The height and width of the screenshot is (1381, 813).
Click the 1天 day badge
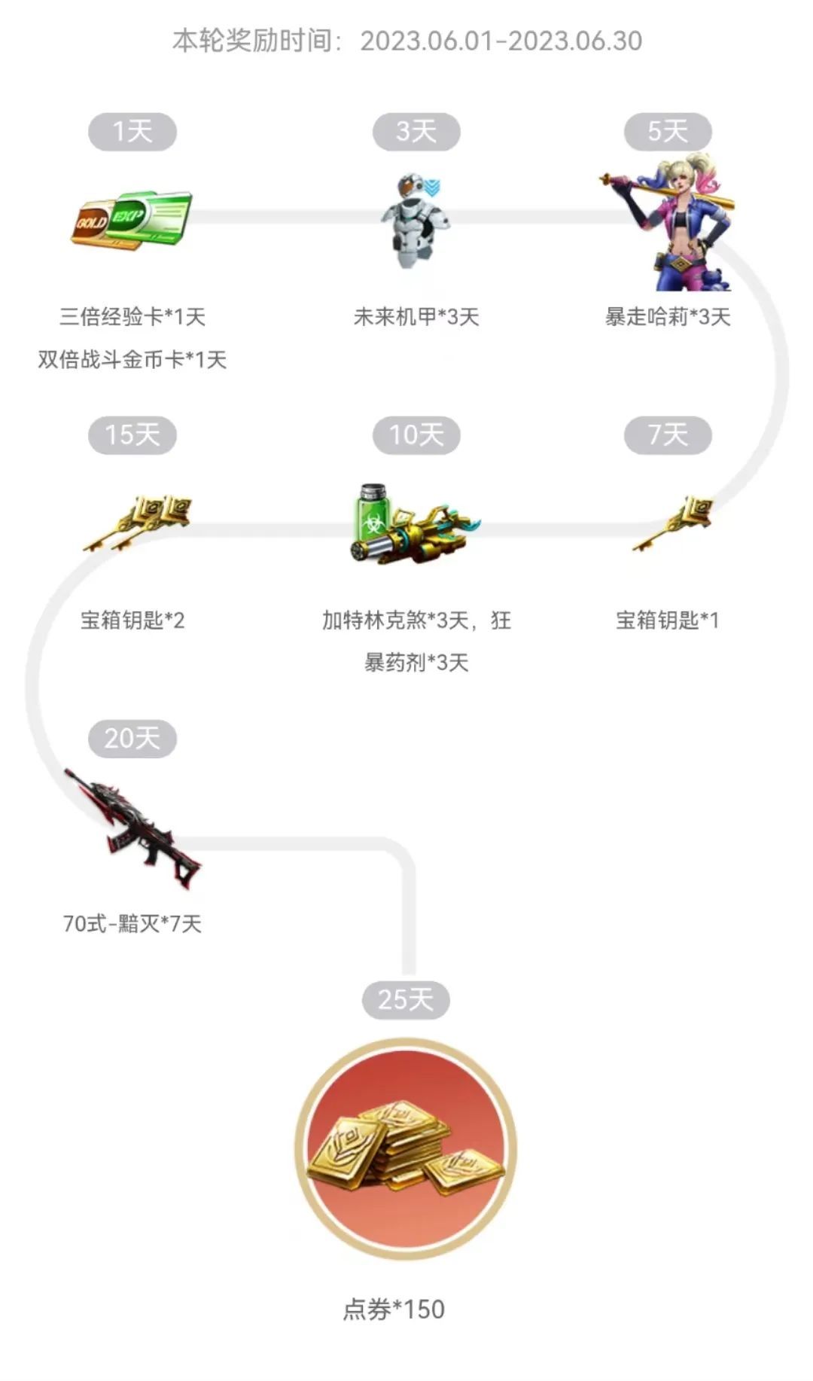point(132,132)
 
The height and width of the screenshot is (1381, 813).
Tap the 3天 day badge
point(416,132)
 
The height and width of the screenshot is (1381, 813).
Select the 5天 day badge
point(668,132)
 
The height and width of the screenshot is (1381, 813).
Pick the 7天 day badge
point(668,435)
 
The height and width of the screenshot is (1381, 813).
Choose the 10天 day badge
point(416,435)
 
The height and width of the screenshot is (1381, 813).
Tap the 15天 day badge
point(132,435)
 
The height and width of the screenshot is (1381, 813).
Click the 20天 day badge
point(132,739)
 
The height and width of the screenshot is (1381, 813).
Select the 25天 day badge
point(406,1000)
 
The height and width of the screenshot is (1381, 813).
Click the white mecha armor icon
point(416,221)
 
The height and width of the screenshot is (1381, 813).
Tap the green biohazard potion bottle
point(373,511)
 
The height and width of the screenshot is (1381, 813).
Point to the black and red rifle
point(132,828)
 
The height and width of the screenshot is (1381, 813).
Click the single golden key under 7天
point(672,523)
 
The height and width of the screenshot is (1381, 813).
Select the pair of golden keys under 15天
point(136,523)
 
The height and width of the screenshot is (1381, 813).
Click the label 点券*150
point(394,1309)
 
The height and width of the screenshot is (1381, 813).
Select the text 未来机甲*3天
point(416,317)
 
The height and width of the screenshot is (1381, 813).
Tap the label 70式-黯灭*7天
point(132,923)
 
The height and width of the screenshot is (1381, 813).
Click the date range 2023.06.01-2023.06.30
point(501,41)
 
